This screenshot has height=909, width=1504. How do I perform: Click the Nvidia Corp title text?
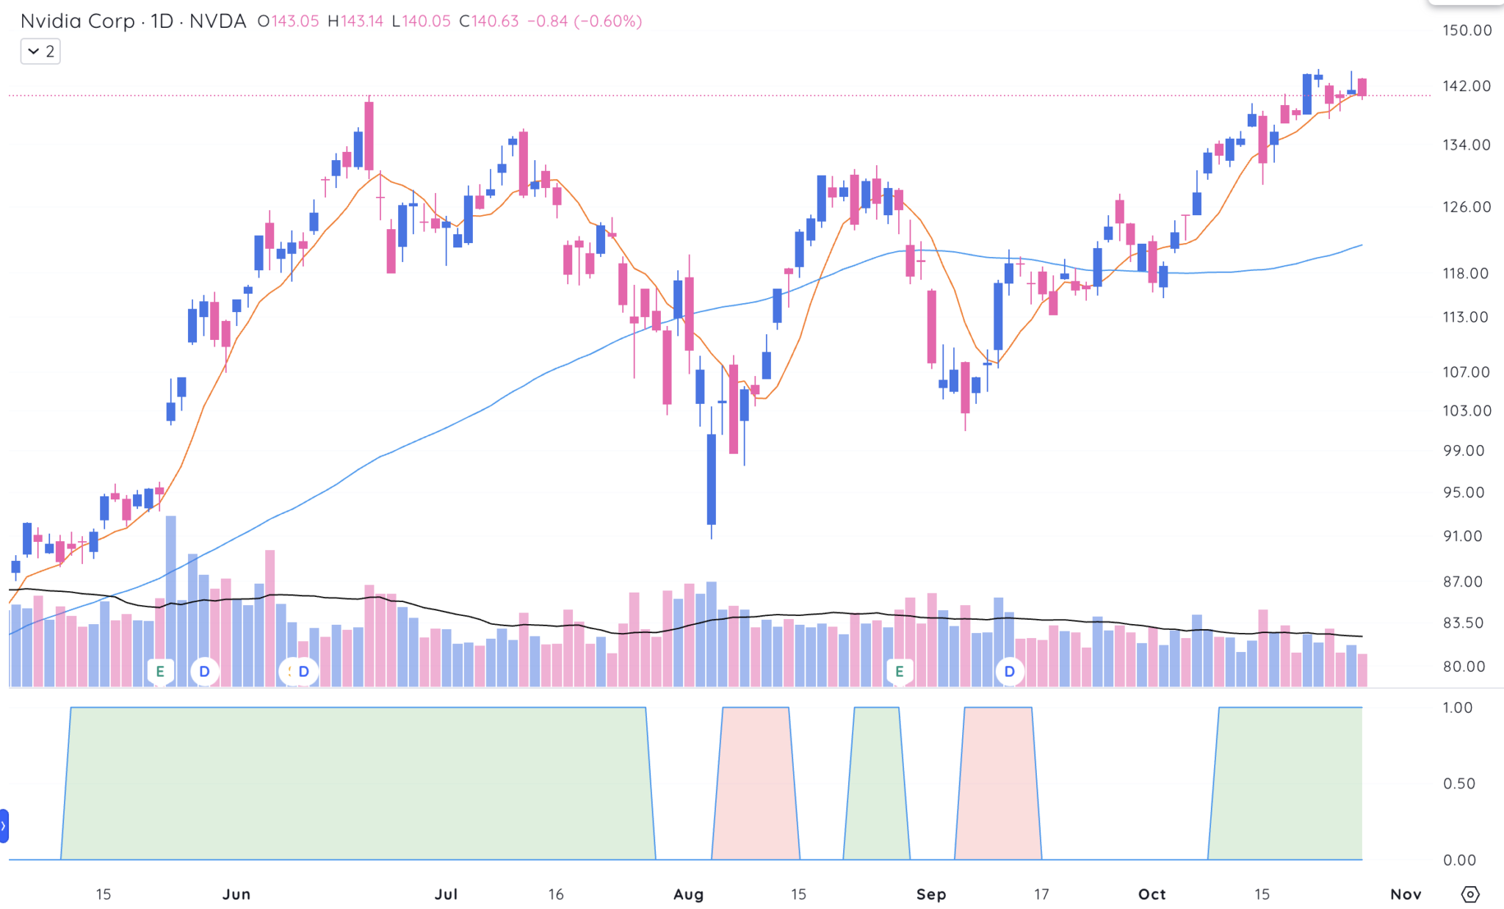click(x=77, y=21)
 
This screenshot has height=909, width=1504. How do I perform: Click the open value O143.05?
click(x=289, y=21)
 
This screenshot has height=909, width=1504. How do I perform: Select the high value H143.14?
click(x=355, y=21)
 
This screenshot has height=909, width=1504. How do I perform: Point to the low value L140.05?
click(x=421, y=21)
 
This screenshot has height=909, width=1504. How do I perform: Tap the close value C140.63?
click(x=489, y=21)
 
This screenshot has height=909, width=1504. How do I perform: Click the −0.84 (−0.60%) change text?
click(x=585, y=21)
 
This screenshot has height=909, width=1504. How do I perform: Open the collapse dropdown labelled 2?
click(x=40, y=51)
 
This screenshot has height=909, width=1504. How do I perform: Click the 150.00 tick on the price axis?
click(x=1467, y=30)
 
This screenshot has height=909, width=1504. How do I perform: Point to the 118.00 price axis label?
click(x=1465, y=273)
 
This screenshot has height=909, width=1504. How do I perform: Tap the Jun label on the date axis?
click(x=236, y=894)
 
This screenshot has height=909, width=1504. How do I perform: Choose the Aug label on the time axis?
click(x=688, y=894)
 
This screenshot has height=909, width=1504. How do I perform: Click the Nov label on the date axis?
click(x=1406, y=894)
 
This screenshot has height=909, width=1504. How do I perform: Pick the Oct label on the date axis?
click(x=1151, y=894)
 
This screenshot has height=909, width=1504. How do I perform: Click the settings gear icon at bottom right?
click(x=1470, y=894)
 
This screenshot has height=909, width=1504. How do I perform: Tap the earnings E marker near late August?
click(x=899, y=671)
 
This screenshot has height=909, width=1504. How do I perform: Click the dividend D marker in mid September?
click(x=1010, y=671)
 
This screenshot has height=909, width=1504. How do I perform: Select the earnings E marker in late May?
click(x=160, y=671)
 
